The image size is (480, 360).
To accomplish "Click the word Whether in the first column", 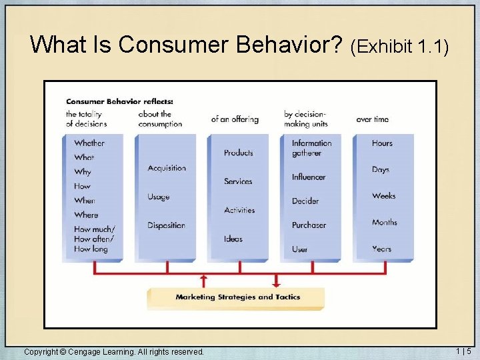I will (89, 143).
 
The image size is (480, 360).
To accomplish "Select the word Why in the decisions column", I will (83, 172).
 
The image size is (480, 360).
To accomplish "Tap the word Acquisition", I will (167, 168).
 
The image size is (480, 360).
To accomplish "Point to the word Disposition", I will (166, 225).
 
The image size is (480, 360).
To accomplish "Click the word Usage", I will (159, 197).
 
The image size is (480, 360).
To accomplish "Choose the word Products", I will (239, 153).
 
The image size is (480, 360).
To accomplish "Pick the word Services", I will (238, 181).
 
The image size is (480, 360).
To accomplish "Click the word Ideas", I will (233, 239).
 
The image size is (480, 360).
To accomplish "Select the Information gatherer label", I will (311, 148).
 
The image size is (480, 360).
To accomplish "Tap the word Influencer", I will (309, 177).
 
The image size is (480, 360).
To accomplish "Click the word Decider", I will (305, 201).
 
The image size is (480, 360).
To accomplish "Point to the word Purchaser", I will (309, 225).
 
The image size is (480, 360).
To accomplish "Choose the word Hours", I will (383, 143).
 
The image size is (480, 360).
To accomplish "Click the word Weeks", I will (384, 196).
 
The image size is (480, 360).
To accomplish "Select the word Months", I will (385, 223).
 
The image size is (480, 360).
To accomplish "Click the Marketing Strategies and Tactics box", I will (237, 297).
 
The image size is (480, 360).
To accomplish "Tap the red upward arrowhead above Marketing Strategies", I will (203, 277).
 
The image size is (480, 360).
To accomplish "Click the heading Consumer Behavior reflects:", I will (119, 101).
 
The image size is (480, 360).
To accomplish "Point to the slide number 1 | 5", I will (463, 351).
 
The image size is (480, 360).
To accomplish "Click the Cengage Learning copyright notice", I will (114, 351).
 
